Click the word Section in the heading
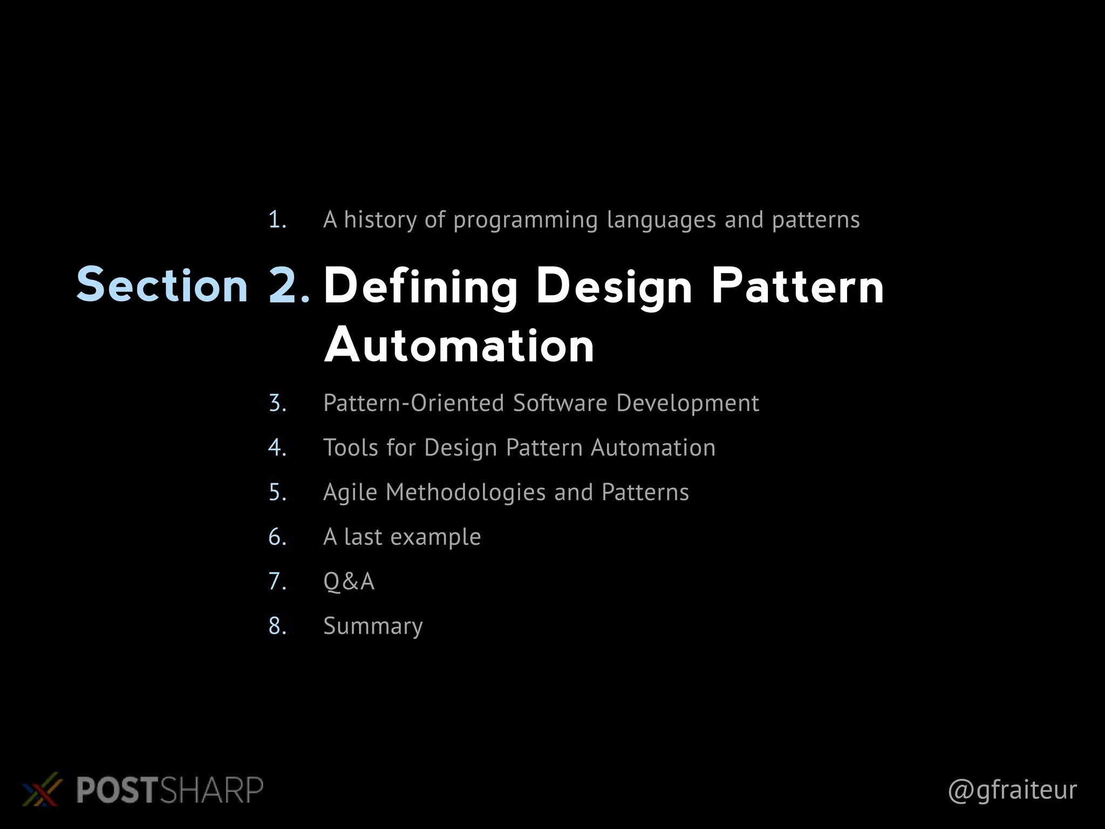tap(162, 285)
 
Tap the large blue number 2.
tap(289, 285)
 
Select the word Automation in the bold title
tap(459, 345)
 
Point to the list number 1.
tap(277, 220)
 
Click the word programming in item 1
tap(526, 220)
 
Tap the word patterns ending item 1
tap(816, 220)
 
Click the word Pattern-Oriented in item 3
tap(413, 403)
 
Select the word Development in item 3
tap(687, 403)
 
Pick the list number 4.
tap(277, 448)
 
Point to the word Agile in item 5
tap(350, 493)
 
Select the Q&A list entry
tap(349, 582)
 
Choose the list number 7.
tap(277, 582)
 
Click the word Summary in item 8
tap(373, 627)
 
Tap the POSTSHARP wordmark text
tap(169, 790)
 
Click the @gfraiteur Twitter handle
tap(1012, 790)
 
